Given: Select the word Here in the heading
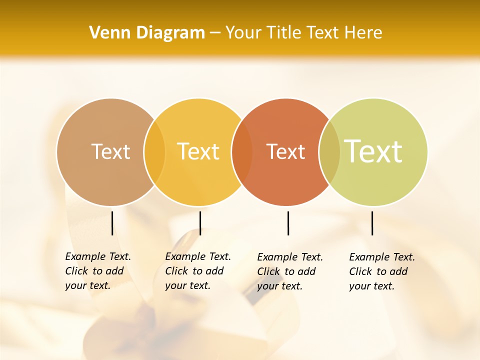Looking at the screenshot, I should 363,33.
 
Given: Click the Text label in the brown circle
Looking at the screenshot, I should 110,151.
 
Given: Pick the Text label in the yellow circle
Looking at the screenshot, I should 198,151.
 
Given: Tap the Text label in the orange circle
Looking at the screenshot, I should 285,152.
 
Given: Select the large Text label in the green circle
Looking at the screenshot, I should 373,151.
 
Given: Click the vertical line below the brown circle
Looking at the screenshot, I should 112,223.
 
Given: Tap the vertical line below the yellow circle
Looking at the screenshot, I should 200,223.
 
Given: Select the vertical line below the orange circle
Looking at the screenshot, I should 288,223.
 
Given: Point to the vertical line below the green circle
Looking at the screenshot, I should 372,223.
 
